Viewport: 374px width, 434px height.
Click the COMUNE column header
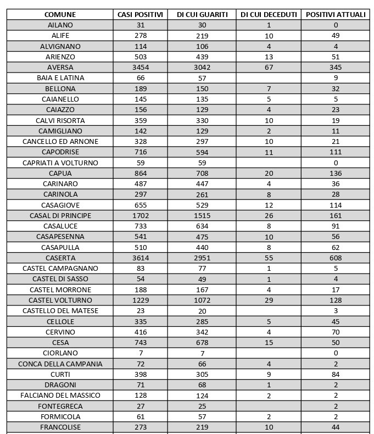[x=60, y=14]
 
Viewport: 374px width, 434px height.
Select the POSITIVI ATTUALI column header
[x=336, y=14]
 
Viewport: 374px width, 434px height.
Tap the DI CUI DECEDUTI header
[x=269, y=14]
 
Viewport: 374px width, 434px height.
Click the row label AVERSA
[x=60, y=68]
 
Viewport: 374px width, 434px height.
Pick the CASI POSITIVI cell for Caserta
[x=141, y=258]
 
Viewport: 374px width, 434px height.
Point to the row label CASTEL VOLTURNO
[x=60, y=301]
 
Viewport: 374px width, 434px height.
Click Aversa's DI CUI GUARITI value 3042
[x=202, y=68]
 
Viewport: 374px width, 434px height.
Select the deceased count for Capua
[x=269, y=174]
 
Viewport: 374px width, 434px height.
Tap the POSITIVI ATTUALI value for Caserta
[x=336, y=258]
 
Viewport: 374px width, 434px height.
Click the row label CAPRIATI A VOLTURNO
[x=60, y=163]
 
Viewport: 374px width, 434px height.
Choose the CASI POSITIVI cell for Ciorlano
[x=141, y=353]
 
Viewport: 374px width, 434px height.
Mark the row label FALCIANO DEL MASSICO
[x=60, y=396]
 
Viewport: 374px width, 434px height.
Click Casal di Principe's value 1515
[x=202, y=216]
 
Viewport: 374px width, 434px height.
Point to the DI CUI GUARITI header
[x=202, y=14]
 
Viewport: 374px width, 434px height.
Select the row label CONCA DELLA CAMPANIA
[x=60, y=364]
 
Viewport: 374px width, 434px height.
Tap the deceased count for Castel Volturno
[x=269, y=301]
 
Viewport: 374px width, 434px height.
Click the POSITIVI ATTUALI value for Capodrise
[x=336, y=152]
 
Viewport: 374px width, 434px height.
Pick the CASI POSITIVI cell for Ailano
[x=141, y=25]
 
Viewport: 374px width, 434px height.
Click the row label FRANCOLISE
[x=60, y=427]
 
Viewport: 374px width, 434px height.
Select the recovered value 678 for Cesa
[x=202, y=343]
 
